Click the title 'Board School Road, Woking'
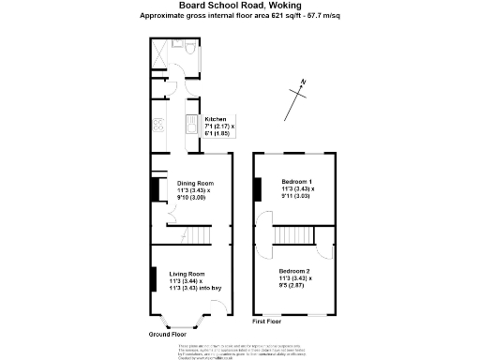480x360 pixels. [239, 6]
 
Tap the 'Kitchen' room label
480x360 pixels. [216, 119]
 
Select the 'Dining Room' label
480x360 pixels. [191, 183]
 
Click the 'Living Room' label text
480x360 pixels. [187, 273]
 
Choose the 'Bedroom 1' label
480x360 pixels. [297, 180]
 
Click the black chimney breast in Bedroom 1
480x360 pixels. [256, 188]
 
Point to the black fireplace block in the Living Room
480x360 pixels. [153, 280]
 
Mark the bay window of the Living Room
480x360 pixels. [172, 322]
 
